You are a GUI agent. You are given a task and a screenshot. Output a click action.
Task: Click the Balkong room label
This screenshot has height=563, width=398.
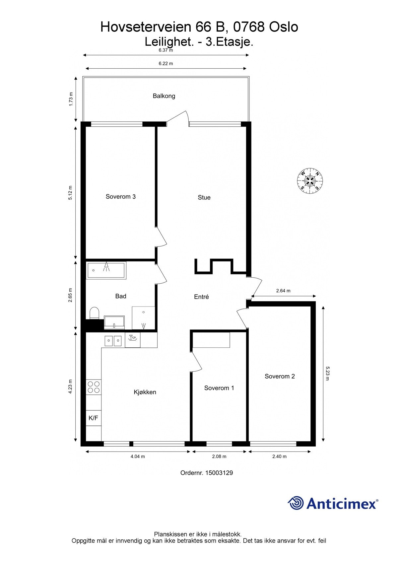point(164,96)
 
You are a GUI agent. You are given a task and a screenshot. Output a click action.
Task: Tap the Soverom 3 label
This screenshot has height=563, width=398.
point(120,196)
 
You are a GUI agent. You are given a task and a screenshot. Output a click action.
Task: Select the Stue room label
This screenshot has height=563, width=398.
point(204,197)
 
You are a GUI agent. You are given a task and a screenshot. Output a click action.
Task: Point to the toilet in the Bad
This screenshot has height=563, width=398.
point(95,313)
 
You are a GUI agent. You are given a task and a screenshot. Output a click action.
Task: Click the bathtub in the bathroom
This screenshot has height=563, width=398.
point(106,270)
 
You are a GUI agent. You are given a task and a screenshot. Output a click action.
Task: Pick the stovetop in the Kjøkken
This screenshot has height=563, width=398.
point(94,387)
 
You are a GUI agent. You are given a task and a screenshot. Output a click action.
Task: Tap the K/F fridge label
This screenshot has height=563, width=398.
point(93,418)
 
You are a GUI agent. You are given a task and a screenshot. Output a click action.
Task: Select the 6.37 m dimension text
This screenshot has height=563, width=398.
point(166,50)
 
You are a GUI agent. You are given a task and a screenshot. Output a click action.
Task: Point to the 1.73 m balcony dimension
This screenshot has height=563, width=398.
point(71,99)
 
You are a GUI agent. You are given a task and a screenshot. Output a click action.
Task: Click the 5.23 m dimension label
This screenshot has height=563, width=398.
point(328,373)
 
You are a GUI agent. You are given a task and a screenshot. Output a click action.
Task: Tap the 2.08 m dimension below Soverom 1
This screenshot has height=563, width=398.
point(219,456)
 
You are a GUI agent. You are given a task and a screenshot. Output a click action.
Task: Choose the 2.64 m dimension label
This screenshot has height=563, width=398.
point(283,291)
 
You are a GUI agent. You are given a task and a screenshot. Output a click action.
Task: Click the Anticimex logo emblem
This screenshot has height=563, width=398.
point(296,503)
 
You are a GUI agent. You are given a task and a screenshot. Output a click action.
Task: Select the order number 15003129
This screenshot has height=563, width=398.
point(219,473)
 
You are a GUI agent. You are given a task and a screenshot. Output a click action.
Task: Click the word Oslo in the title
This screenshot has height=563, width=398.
point(284,27)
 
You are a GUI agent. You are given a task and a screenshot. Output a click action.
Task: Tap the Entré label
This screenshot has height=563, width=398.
point(201,297)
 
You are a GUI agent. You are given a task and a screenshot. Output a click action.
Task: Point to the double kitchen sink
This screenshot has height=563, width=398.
point(113,341)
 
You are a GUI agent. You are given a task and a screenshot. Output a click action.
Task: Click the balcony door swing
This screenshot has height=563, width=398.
point(179,118)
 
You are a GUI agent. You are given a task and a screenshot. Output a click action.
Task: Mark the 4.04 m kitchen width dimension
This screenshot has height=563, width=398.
point(138,456)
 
